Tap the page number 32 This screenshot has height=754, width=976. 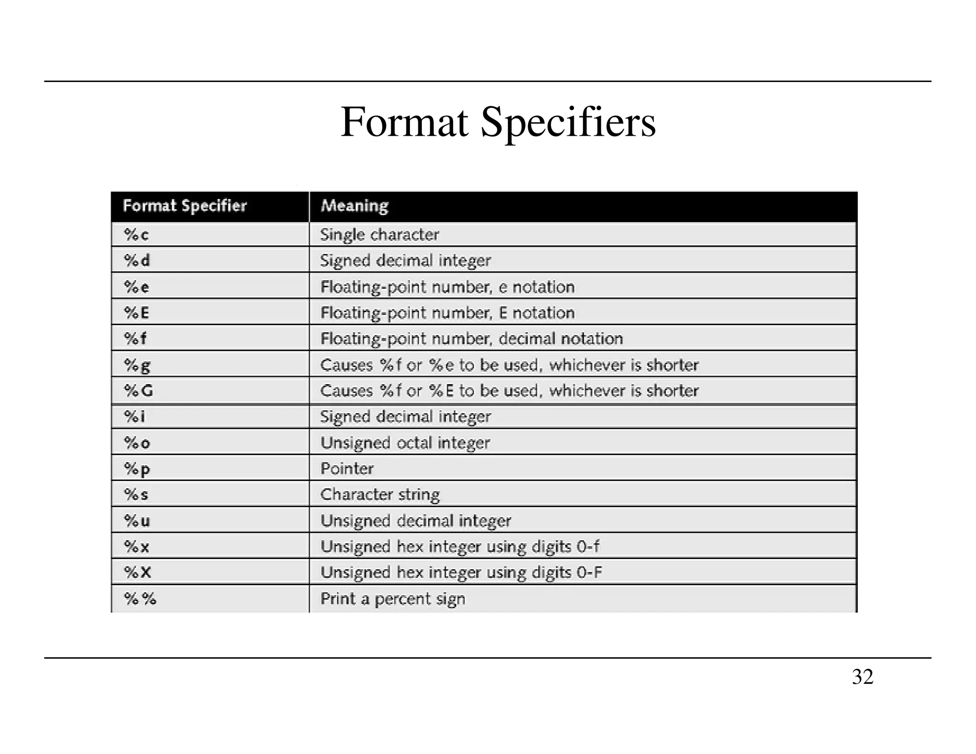pos(862,677)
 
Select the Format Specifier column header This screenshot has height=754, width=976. pos(185,206)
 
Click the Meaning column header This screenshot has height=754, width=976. pos(355,206)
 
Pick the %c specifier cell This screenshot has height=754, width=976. pos(136,234)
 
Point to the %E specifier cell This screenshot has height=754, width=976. pos(136,313)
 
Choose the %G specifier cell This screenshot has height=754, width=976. pos(138,391)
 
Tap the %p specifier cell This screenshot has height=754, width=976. pos(137,469)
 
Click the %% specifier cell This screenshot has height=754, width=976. pos(140,599)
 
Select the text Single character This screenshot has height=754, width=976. pos(379,234)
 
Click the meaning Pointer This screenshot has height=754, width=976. pos(347,469)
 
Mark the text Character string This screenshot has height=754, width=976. pos(380,495)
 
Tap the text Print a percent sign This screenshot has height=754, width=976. pos(393,599)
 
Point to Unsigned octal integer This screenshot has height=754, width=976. pos(405,443)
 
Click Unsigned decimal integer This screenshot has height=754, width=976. pos(416,521)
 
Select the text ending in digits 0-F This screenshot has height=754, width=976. pos(461,572)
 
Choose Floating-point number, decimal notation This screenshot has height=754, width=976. pos(472,339)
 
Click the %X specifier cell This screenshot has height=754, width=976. pos(137,572)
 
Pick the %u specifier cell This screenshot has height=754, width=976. pos(137,521)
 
